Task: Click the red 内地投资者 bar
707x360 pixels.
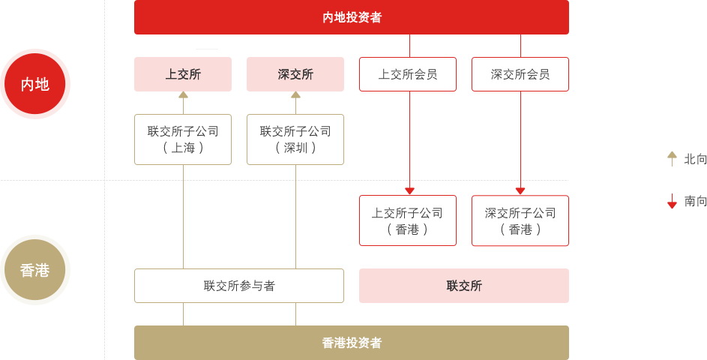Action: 351,17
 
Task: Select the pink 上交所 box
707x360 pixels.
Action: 183,74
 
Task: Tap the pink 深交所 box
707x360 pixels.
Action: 295,74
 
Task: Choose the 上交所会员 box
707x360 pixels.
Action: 408,74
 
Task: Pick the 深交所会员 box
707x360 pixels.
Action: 520,74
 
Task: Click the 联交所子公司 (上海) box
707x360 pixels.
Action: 183,139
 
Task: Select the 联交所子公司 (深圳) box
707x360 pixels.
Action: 295,139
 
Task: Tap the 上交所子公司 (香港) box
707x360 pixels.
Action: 408,220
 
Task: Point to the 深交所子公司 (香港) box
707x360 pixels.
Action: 520,220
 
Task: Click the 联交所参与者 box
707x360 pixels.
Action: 239,286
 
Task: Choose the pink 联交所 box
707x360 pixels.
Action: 464,286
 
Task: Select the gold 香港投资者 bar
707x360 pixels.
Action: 351,343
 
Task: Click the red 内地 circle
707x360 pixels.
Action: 34,84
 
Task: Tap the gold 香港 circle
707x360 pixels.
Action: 34,270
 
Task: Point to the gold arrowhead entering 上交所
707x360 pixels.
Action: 183,94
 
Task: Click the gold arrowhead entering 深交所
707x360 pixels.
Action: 296,94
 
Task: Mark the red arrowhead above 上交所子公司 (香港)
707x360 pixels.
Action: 409,191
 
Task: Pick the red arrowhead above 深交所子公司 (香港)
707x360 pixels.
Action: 520,191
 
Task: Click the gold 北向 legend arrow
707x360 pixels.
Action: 672,159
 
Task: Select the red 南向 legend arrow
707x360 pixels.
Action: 672,201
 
